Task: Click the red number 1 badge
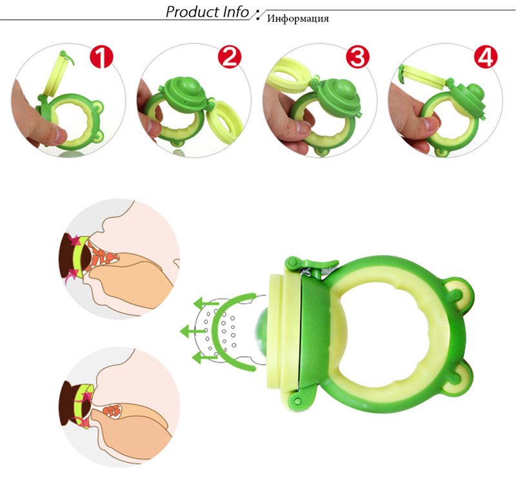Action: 101,57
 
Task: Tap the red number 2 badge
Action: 227,57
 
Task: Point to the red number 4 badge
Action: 484,57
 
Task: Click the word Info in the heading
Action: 233,12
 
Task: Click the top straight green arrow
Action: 206,301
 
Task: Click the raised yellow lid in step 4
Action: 422,73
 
